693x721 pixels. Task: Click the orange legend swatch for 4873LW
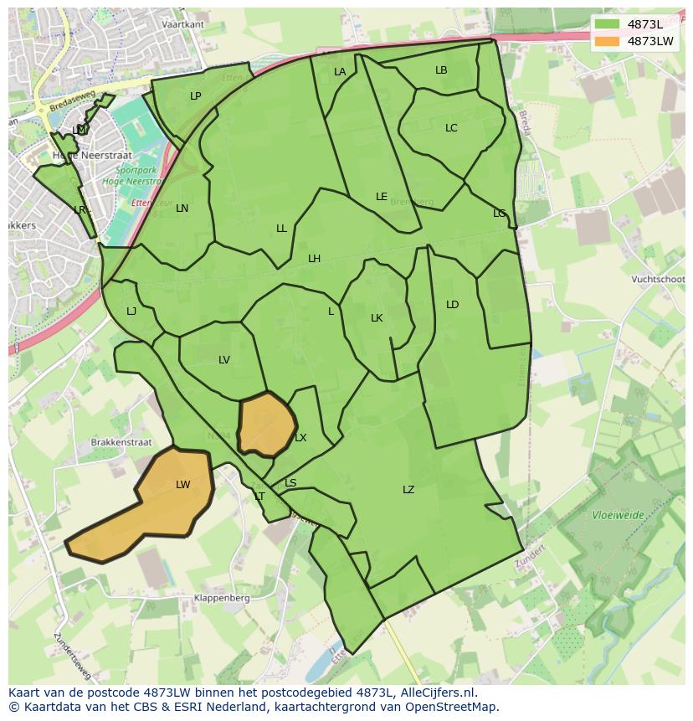click(608, 40)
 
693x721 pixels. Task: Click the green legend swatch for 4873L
click(608, 24)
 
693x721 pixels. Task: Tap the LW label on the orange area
click(183, 485)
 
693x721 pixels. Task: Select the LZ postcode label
click(408, 490)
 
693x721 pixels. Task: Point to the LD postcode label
click(453, 305)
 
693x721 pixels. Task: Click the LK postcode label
click(377, 318)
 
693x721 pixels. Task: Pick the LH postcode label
click(314, 259)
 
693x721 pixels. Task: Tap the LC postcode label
click(451, 128)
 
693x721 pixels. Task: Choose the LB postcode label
click(441, 70)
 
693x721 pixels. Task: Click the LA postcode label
click(340, 72)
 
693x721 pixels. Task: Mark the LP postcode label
click(195, 96)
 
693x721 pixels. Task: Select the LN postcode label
click(182, 209)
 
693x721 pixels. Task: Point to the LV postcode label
click(224, 360)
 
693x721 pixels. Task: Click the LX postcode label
click(300, 438)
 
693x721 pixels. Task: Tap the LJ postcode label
click(131, 312)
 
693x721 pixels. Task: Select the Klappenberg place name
click(222, 599)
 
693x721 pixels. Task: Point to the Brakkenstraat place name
click(121, 441)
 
